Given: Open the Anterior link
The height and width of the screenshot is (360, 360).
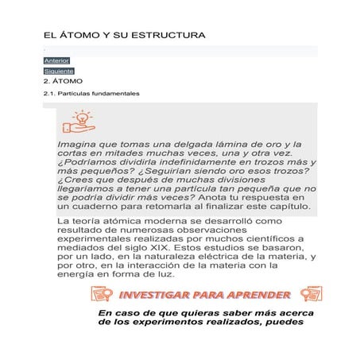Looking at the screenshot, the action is (56, 60).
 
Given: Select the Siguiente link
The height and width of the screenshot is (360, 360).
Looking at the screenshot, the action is (59, 72).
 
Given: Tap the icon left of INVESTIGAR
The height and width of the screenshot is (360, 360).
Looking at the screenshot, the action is (102, 296).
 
